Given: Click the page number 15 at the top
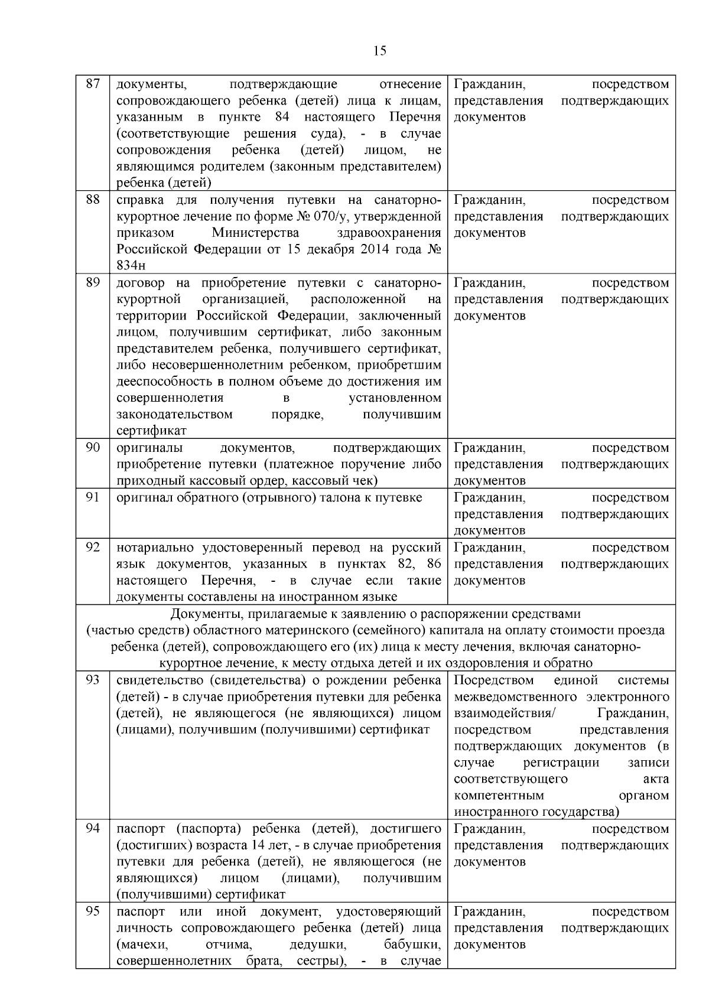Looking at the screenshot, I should click(x=380, y=51).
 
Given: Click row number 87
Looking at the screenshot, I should click(x=93, y=84).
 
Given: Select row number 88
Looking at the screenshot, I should click(x=93, y=200).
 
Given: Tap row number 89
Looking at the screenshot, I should click(x=93, y=282).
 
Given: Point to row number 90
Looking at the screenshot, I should click(x=93, y=448).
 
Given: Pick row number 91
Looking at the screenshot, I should click(x=93, y=497).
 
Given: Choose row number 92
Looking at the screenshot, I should click(x=93, y=547).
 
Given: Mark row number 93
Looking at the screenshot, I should click(x=93, y=680).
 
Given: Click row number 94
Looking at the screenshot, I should click(x=93, y=829).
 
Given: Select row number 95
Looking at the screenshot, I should click(x=93, y=911).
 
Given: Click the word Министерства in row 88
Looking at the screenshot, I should click(x=255, y=233).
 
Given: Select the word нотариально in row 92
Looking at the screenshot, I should click(x=155, y=547).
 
